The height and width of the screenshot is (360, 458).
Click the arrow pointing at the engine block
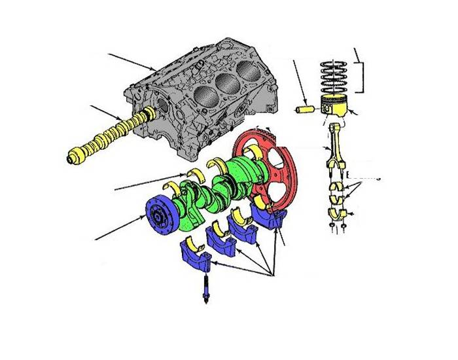tap(131, 62)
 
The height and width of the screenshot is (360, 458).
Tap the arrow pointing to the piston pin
tap(298, 79)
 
